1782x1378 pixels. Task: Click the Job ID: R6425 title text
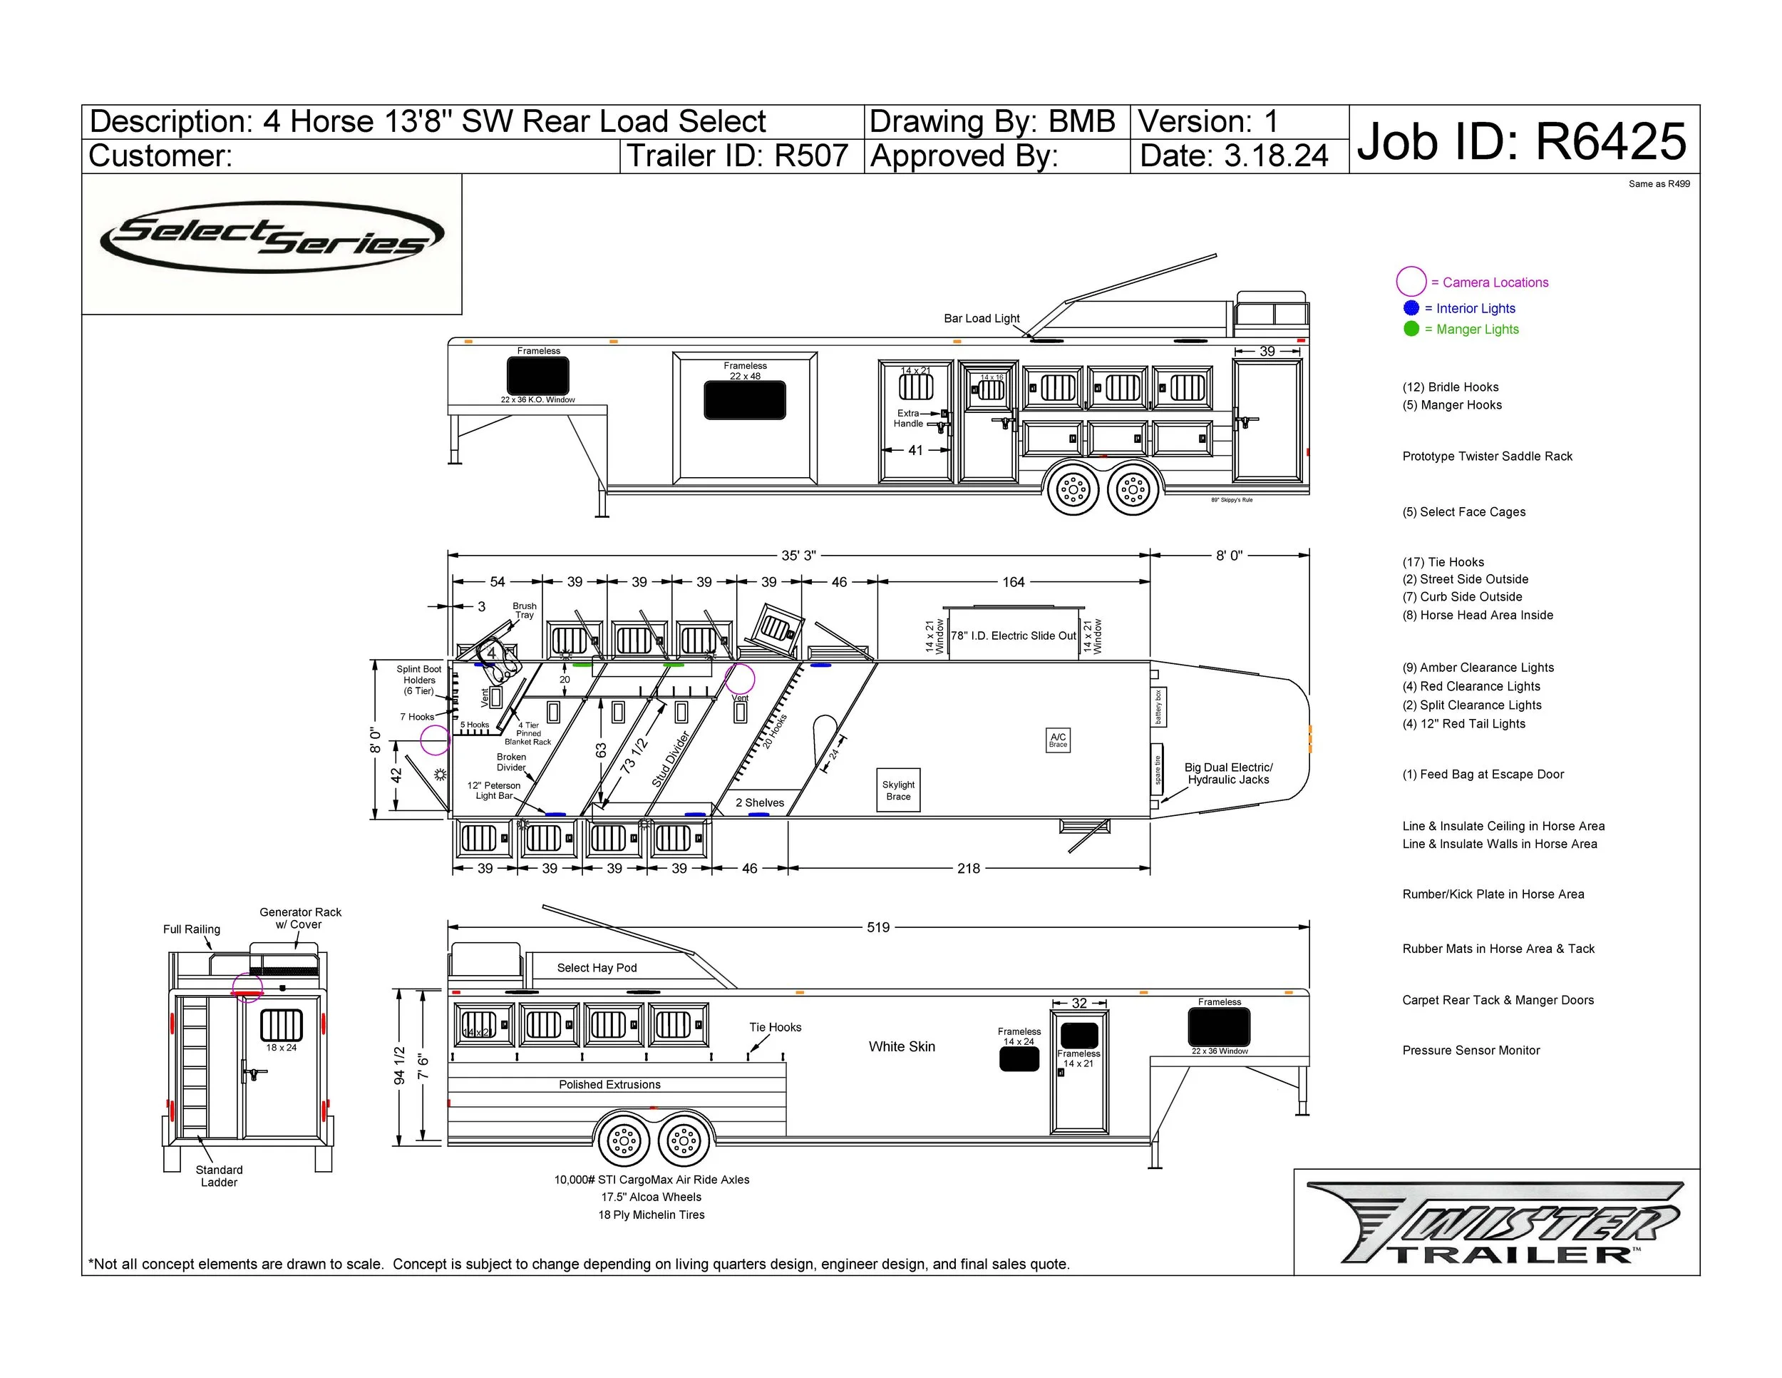[1522, 141]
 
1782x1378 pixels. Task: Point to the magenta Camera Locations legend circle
[1411, 282]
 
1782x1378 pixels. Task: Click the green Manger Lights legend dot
[1411, 329]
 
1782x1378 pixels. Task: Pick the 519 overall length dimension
[878, 927]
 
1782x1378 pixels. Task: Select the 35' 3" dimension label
[798, 556]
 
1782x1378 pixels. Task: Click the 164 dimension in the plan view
[1014, 582]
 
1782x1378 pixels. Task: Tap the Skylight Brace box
[898, 790]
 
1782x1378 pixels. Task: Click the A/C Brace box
[1058, 740]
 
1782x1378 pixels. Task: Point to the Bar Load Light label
[982, 318]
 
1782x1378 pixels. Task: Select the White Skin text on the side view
[902, 1046]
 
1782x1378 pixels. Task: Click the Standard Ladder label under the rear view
[219, 1175]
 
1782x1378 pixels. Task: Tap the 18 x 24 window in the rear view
[281, 1026]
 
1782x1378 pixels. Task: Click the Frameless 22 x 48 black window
[745, 400]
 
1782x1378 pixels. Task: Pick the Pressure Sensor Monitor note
[1471, 1051]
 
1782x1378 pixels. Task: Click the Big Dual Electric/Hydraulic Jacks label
[1228, 773]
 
